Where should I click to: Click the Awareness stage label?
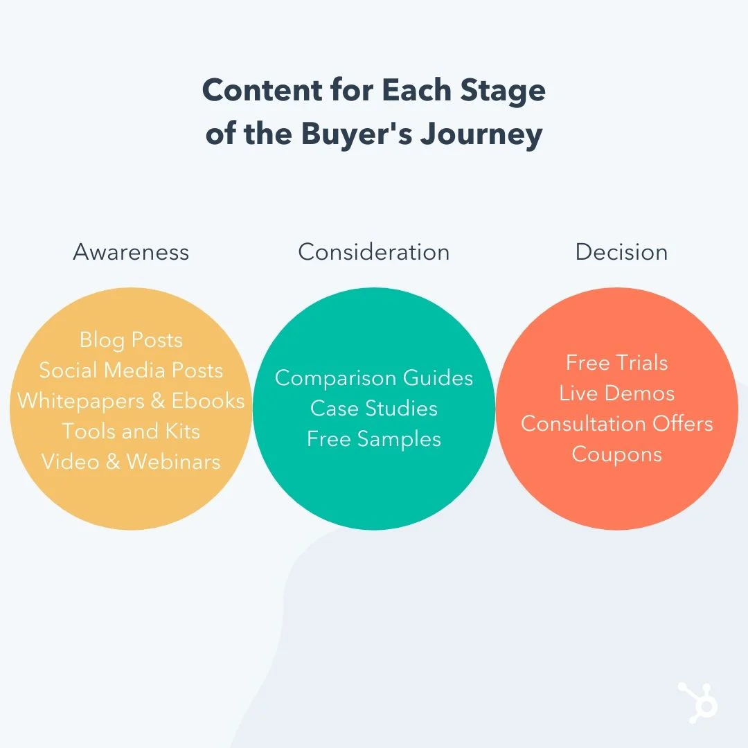click(x=131, y=252)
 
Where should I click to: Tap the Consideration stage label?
click(x=374, y=252)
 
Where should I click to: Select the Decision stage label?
click(x=621, y=252)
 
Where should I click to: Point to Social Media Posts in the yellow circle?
click(x=131, y=370)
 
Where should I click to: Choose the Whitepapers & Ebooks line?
click(x=131, y=401)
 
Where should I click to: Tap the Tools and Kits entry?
click(x=131, y=431)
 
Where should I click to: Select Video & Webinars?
click(x=131, y=462)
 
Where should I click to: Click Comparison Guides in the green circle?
click(x=374, y=378)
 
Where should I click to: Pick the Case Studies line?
click(x=374, y=409)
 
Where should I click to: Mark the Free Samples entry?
click(x=374, y=439)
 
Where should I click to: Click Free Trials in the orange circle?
click(x=617, y=362)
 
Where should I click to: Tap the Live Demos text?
click(x=617, y=393)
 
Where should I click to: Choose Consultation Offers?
click(x=617, y=424)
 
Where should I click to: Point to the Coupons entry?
click(x=617, y=454)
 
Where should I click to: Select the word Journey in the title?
click(x=481, y=134)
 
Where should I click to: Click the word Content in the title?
click(x=262, y=90)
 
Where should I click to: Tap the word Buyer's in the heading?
click(x=357, y=134)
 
